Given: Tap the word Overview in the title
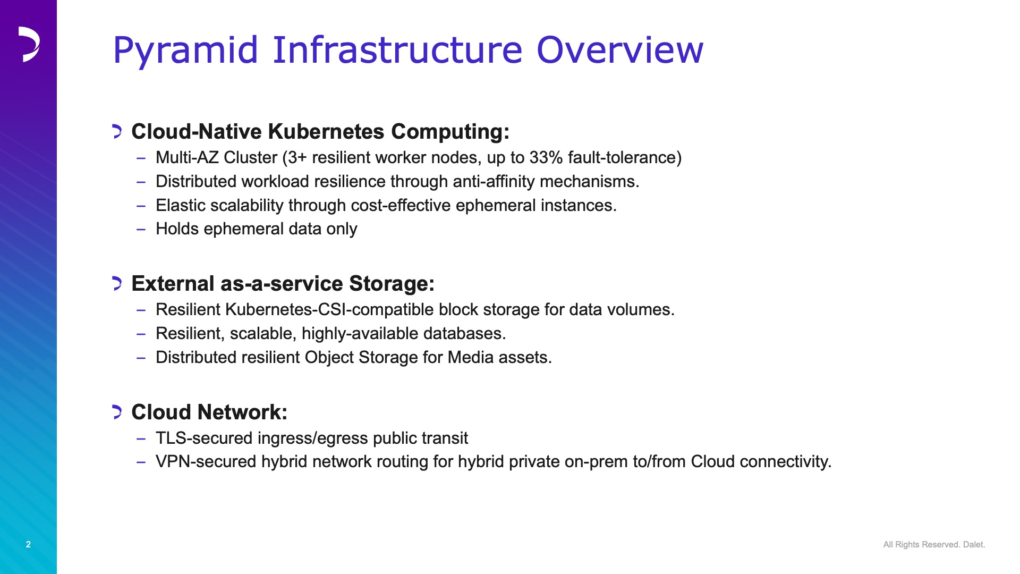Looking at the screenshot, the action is click(x=620, y=50).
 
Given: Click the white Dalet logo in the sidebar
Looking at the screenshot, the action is click(x=29, y=44).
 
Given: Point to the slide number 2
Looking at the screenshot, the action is click(x=28, y=544).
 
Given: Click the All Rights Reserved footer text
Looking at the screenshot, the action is click(x=934, y=544).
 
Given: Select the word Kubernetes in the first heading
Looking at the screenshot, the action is click(x=326, y=131).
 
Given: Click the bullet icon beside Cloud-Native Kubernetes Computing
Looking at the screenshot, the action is click(x=117, y=131).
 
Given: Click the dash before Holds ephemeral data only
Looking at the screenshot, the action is click(x=141, y=229).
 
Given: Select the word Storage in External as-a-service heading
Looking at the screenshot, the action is click(x=392, y=284).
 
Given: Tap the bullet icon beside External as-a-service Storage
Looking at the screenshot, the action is click(x=117, y=283).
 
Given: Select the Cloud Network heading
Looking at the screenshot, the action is click(x=209, y=412).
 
